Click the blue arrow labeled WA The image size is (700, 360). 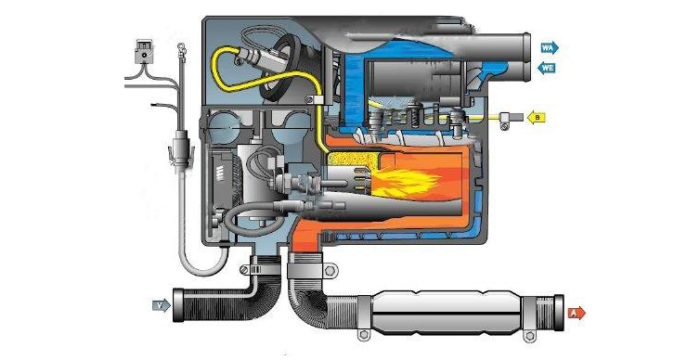click(x=550, y=46)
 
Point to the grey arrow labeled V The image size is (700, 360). click(x=162, y=304)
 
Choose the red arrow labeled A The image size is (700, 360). click(x=577, y=313)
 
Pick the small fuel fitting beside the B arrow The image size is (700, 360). click(x=508, y=118)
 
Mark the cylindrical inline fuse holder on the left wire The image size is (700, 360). click(x=179, y=148)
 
